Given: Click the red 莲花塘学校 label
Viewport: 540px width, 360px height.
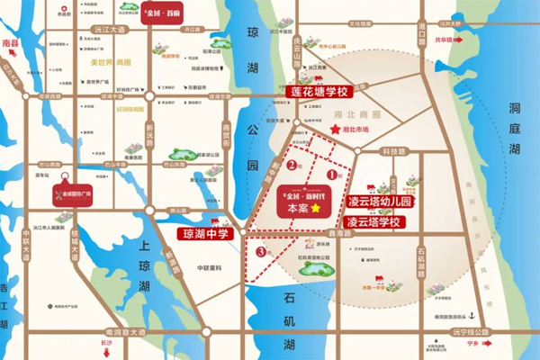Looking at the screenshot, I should click(x=317, y=92).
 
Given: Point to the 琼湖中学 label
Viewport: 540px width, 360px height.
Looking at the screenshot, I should click(x=202, y=234).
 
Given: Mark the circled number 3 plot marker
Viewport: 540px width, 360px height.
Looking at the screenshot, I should click(x=260, y=251).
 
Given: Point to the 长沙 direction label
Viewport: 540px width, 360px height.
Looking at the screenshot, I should click(x=107, y=343).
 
